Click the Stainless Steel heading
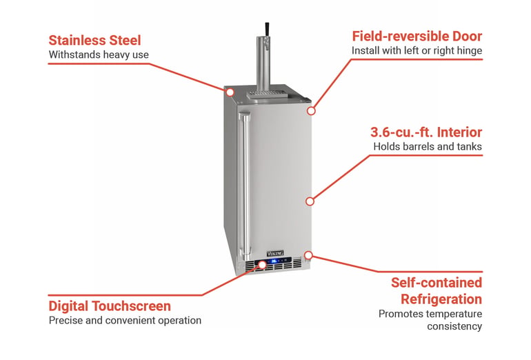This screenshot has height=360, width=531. [94, 40]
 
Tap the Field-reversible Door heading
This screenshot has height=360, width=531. [417, 37]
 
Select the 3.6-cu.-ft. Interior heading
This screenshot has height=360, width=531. [426, 132]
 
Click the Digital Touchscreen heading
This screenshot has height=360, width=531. [110, 306]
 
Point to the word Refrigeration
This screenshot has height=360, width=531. [441, 299]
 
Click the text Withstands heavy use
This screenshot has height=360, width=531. [99, 54]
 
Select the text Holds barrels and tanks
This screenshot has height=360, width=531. [428, 146]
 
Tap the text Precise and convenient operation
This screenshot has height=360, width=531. [125, 321]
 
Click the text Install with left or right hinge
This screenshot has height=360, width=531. [417, 50]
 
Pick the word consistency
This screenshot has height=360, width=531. [454, 326]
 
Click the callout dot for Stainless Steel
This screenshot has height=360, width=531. [230, 92]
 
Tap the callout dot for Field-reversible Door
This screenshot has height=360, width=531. [311, 111]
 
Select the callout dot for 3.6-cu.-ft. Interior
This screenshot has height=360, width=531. [310, 201]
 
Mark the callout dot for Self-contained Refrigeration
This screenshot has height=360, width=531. [308, 255]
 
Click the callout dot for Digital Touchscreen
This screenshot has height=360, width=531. [263, 264]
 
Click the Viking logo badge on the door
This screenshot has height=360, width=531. [275, 254]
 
